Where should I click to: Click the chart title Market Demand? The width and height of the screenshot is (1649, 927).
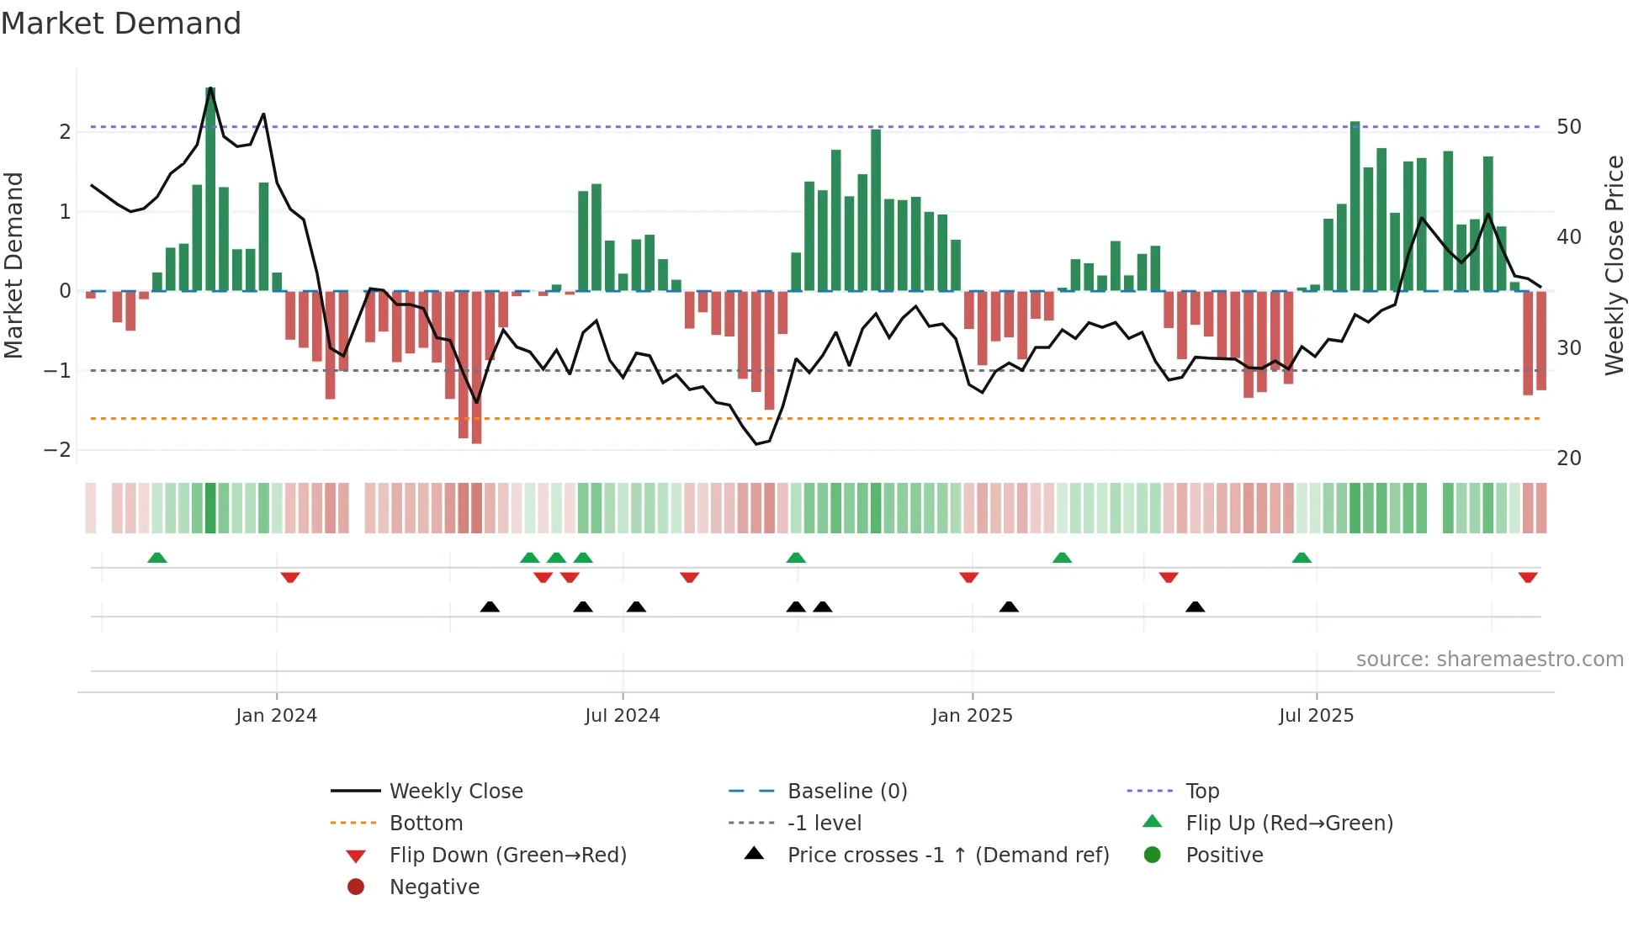pos(121,24)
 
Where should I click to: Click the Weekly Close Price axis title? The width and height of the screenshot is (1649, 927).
pos(1614,265)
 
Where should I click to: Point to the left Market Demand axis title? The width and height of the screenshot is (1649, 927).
pos(13,265)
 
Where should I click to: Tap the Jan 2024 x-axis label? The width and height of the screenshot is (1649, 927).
pos(276,716)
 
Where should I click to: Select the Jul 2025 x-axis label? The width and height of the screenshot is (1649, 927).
pos(1316,716)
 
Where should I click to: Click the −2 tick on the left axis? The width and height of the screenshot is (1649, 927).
pos(57,450)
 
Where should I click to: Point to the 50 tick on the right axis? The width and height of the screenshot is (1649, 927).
pos(1569,127)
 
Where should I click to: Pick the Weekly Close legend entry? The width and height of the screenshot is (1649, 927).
pos(455,792)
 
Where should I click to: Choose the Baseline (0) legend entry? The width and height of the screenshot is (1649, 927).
pos(846,792)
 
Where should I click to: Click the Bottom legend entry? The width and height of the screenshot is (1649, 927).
pos(426,824)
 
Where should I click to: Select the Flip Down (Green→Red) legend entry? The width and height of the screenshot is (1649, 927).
pos(507,855)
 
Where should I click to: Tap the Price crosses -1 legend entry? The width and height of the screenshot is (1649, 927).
pos(947,855)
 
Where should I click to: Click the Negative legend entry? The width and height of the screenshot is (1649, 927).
pos(434,887)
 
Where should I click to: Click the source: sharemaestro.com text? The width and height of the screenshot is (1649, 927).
pos(1489,659)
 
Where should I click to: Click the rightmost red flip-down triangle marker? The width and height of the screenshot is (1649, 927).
pos(1528,577)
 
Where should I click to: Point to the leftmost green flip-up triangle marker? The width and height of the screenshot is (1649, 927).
pos(157,558)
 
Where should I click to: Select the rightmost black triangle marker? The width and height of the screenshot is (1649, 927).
pos(1195,607)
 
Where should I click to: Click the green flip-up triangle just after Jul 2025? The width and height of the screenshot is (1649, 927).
pos(1302,558)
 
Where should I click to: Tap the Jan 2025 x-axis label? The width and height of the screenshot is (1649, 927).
pos(972,716)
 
